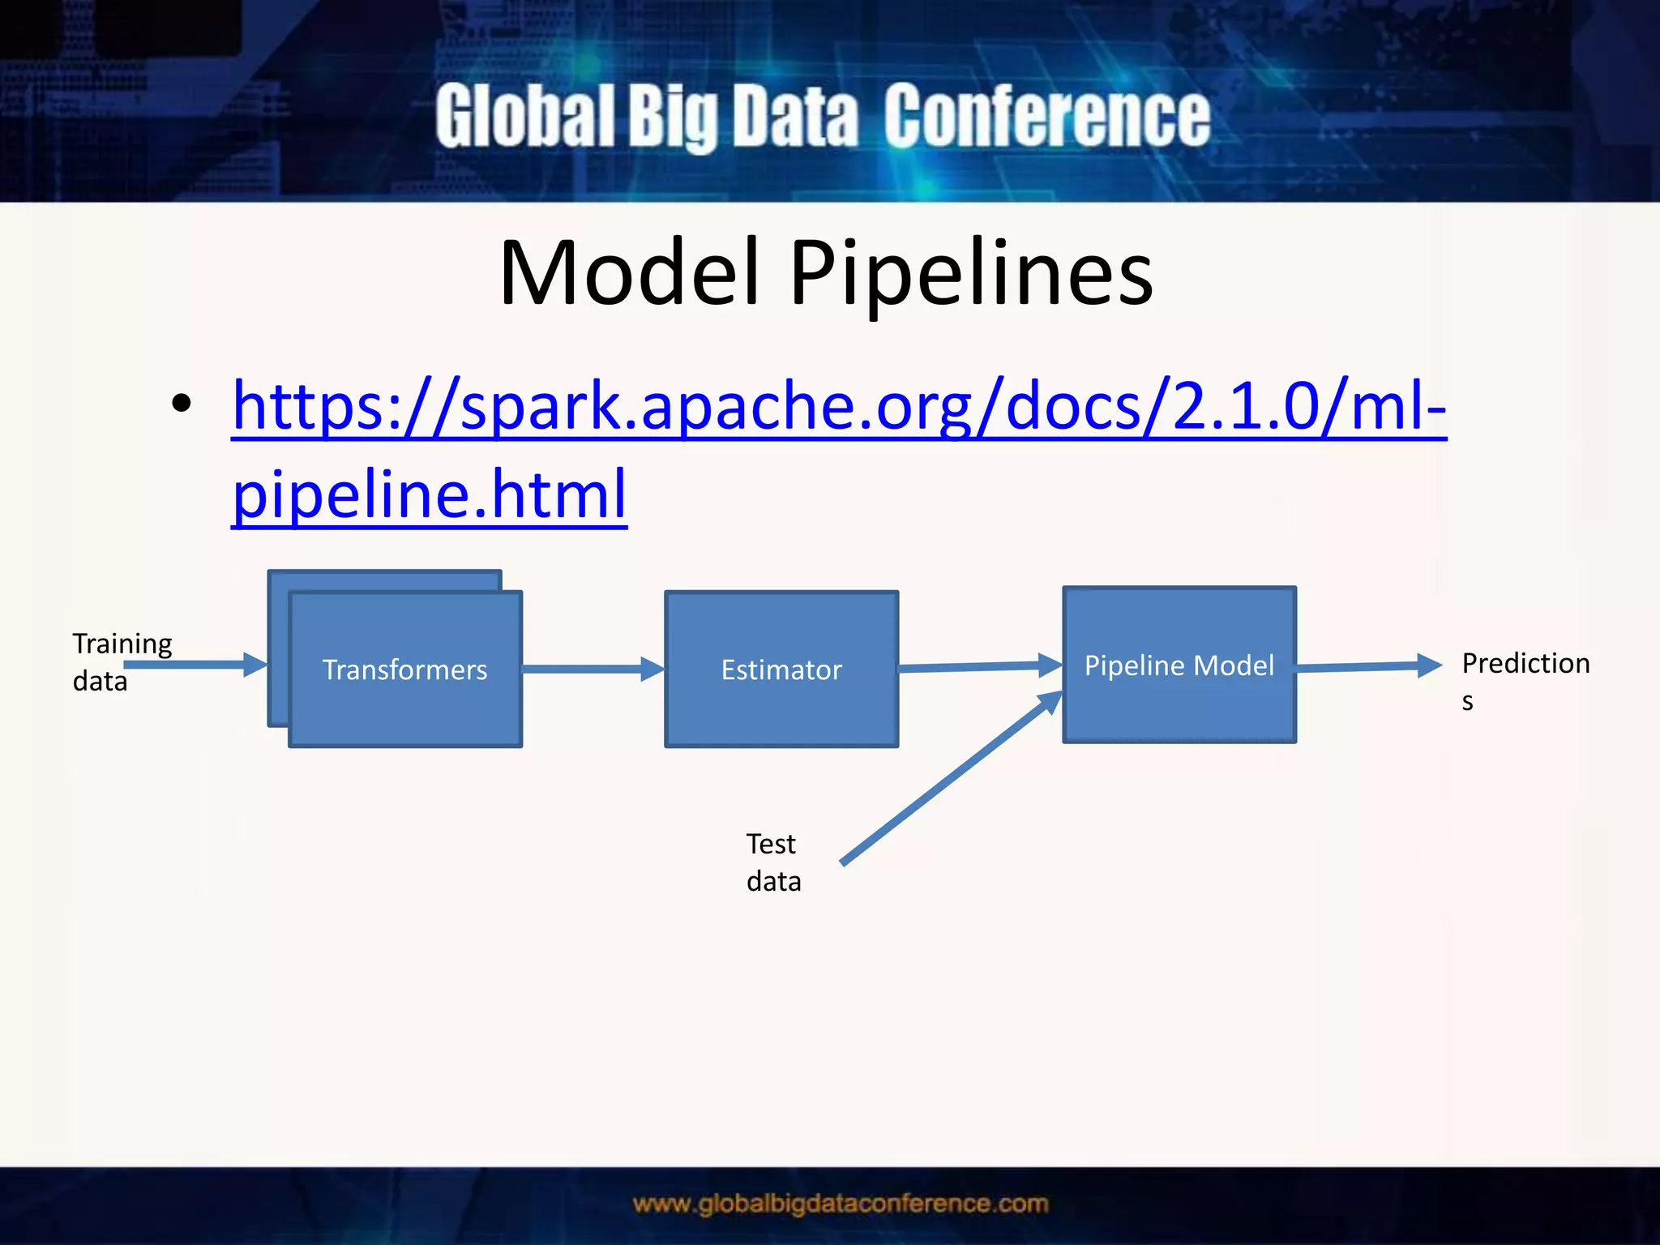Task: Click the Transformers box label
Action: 404,670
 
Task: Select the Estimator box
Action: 781,670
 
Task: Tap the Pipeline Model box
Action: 1179,665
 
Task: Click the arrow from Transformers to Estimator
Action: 593,670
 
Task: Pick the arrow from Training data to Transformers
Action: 195,665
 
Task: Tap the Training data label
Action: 122,661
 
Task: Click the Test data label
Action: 773,862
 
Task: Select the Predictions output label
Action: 1525,679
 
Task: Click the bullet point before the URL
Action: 182,404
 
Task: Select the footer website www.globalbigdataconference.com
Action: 841,1204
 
